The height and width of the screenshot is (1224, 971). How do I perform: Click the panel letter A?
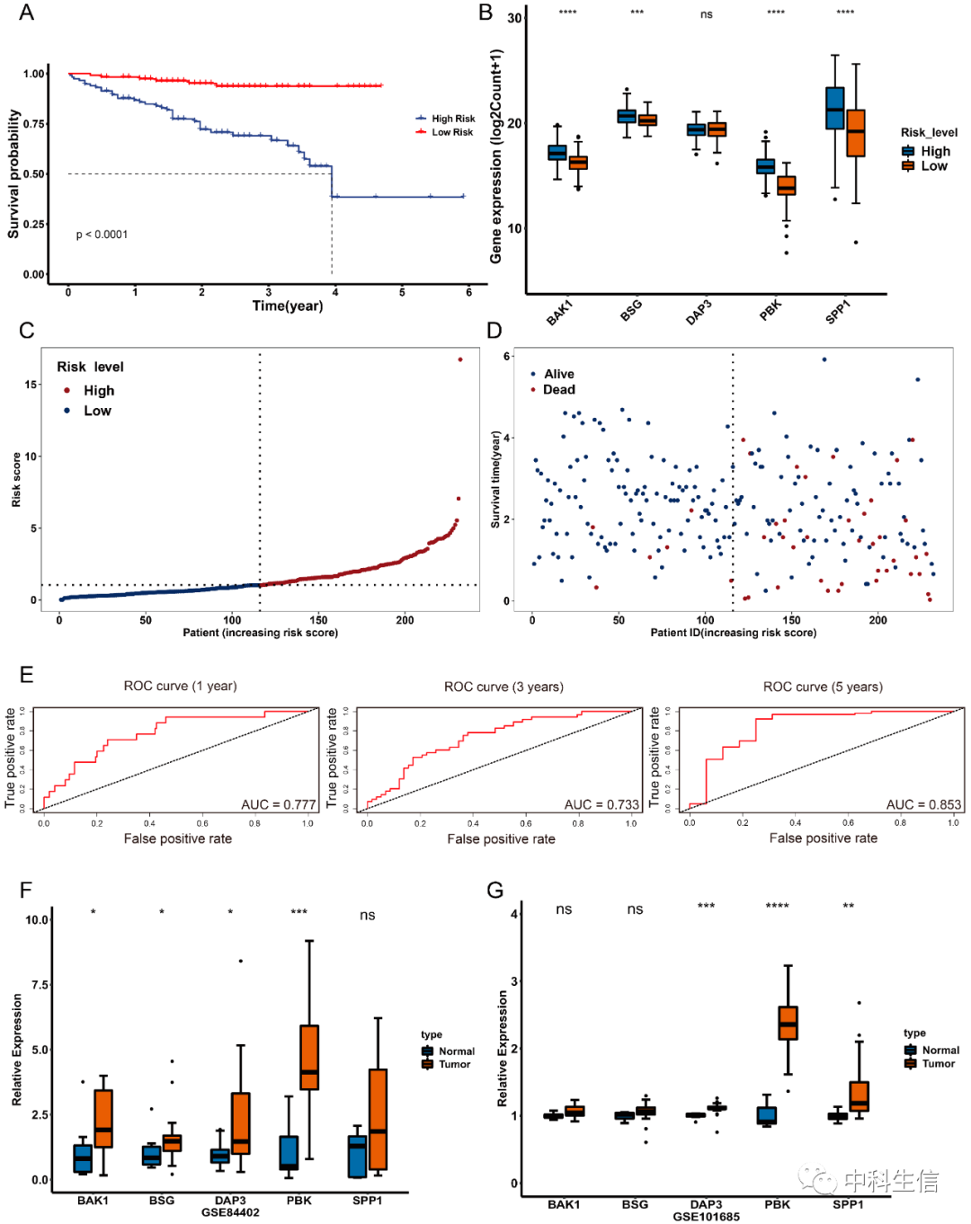[x=26, y=12]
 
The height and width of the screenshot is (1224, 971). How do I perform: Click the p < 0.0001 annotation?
[x=102, y=235]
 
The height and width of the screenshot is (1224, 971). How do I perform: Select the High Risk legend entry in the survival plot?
[x=452, y=119]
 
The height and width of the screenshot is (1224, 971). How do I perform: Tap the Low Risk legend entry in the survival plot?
[x=451, y=132]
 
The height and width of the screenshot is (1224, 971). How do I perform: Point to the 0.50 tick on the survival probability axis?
[x=34, y=173]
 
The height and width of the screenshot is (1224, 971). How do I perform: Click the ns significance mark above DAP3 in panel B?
[x=707, y=14]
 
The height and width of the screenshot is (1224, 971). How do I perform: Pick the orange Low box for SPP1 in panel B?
[x=856, y=133]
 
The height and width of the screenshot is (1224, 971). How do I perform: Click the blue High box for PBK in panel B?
[x=765, y=166]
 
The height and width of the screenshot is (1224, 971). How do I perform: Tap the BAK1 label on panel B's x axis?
[x=559, y=312]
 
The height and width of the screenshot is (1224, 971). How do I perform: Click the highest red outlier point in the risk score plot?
[x=460, y=359]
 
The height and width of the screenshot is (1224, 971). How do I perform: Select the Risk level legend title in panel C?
[x=90, y=367]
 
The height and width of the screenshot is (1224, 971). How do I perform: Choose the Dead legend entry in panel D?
[x=558, y=389]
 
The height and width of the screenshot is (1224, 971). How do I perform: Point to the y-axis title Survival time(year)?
[x=495, y=479]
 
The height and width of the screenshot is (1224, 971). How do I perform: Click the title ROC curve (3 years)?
[x=503, y=687]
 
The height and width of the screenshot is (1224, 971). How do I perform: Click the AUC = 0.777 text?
[x=279, y=804]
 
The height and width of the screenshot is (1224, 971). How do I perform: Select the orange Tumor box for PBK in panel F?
[x=309, y=1057]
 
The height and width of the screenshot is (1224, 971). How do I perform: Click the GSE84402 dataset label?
[x=230, y=1212]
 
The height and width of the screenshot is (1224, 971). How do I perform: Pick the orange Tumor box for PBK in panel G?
[x=788, y=1023]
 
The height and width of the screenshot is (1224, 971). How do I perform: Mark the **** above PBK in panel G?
[x=777, y=906]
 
